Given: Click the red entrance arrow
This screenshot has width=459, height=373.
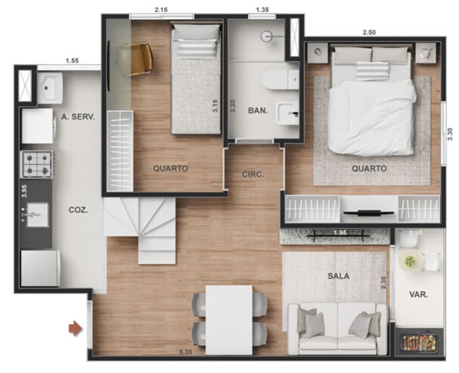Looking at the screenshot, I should click(75, 328).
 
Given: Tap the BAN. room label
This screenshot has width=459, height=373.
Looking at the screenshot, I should click(258, 110).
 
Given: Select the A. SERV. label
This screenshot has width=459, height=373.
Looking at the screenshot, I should click(78, 117).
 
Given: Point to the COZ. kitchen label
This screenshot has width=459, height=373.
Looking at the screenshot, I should click(78, 210).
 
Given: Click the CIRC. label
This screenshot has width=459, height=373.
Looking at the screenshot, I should click(252, 174).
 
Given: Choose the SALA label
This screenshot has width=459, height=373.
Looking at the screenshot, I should click(338, 276).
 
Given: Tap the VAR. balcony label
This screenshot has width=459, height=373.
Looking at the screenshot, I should click(418, 295).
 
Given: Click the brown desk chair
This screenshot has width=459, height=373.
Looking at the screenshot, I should click(136, 59).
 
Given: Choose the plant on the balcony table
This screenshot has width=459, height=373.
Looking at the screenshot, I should click(409, 262).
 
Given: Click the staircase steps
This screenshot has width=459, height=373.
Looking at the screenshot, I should click(147, 229).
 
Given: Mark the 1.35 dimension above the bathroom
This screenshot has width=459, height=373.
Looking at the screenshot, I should click(262, 9).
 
